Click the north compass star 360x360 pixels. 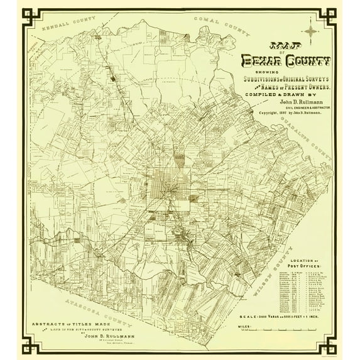[311, 31]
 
